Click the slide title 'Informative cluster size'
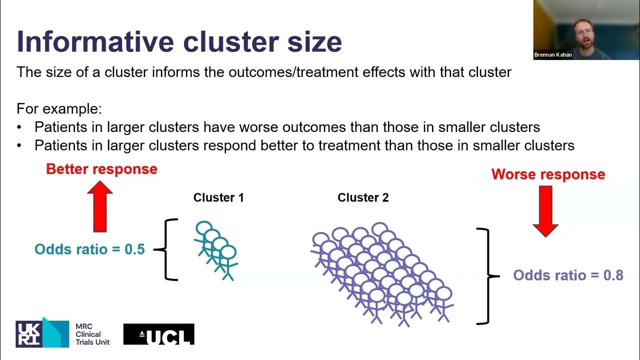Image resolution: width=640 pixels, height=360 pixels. click(179, 42)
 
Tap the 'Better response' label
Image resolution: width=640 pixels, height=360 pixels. click(101, 169)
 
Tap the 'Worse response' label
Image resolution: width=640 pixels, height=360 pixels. click(548, 174)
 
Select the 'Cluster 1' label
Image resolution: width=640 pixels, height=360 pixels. click(218, 197)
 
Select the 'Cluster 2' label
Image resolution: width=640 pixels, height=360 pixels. click(363, 197)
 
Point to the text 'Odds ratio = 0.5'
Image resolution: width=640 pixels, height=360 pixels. click(89, 249)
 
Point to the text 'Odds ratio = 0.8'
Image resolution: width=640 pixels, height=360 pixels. click(568, 275)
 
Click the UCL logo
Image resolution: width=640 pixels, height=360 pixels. click(158, 334)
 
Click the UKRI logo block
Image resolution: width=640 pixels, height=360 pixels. click(42, 333)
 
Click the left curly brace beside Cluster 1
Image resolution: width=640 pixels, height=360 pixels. click(167, 249)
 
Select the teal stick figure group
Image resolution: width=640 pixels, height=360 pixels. click(215, 249)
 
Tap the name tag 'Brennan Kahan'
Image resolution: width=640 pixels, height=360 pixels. click(553, 55)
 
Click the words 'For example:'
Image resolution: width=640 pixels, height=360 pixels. click(59, 108)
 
